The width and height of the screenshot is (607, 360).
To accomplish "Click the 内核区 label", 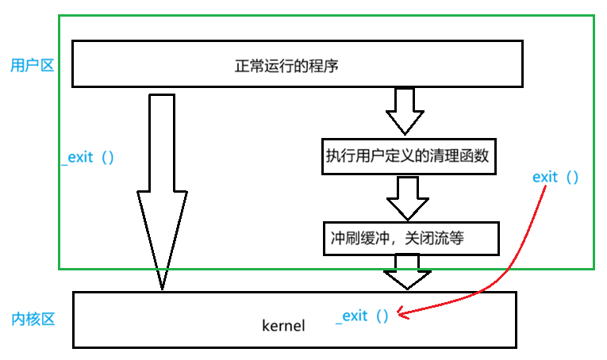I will [x=33, y=320].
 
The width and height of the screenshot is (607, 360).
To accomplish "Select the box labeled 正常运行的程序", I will [x=297, y=64].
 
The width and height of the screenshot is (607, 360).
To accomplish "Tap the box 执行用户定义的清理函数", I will [x=410, y=155].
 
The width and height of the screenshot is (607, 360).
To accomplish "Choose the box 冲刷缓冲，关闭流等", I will [x=410, y=238].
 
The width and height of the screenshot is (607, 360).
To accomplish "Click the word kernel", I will [x=282, y=326].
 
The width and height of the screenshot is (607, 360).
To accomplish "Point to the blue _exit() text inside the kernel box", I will [x=363, y=316].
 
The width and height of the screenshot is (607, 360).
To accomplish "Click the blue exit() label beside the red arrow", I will [x=555, y=177].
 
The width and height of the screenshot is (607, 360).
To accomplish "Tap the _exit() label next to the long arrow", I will [x=87, y=157].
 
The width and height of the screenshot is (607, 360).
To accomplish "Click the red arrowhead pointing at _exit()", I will [x=402, y=313].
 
